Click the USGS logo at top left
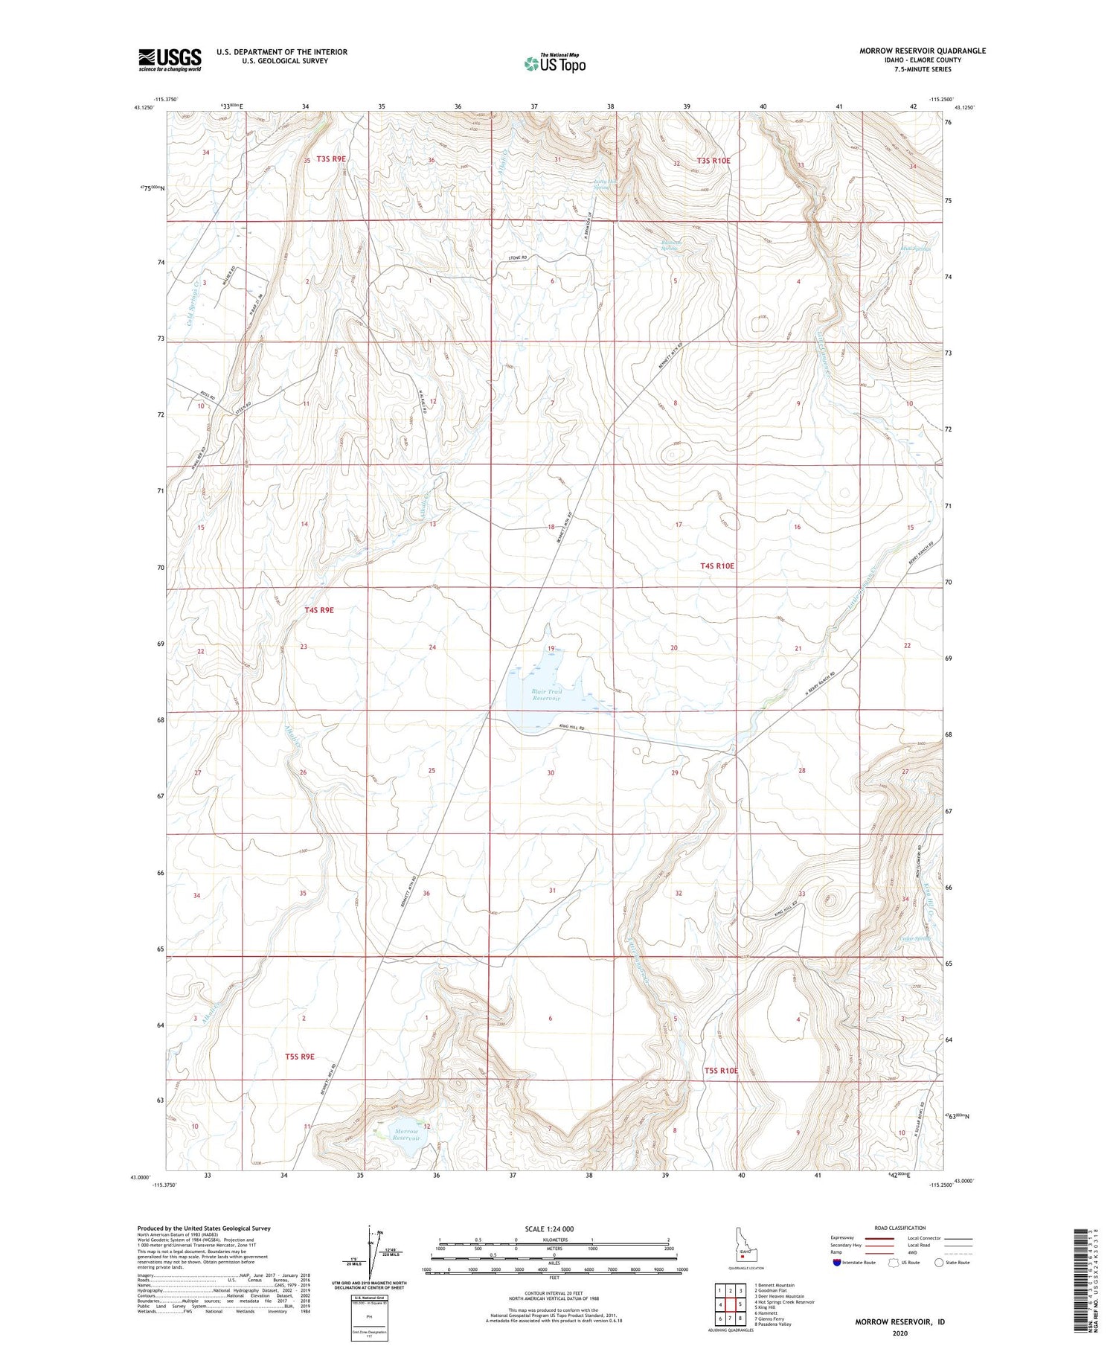tap(170, 60)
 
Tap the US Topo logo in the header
tap(555, 63)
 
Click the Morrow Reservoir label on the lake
tap(407, 1135)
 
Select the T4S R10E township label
tap(716, 566)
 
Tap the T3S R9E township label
tap(331, 159)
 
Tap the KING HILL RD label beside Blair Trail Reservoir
tap(572, 728)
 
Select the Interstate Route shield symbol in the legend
tap(836, 1263)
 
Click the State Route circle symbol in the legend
tap(939, 1262)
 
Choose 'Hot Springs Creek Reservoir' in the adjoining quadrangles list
tap(784, 1302)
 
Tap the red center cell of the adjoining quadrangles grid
tap(731, 1304)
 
